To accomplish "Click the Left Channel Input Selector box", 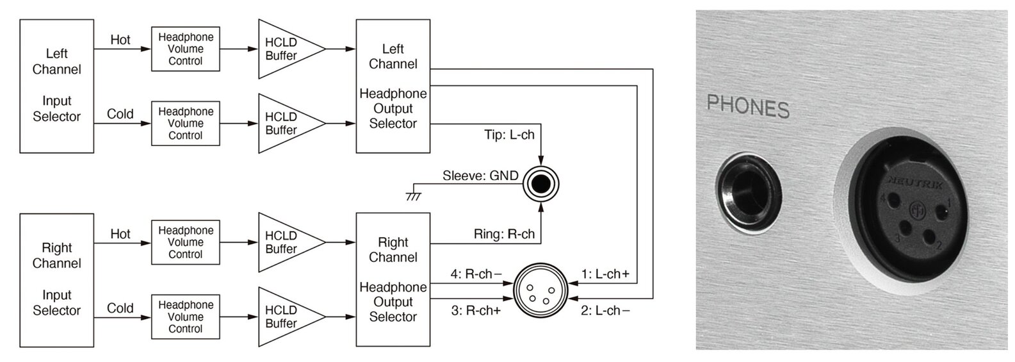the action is [56, 86].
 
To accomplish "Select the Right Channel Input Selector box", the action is [56, 280].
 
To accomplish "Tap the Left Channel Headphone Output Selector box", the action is [393, 86].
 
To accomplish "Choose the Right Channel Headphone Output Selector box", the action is [393, 280].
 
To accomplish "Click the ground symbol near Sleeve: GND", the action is [414, 196].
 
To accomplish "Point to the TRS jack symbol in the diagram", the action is [540, 184].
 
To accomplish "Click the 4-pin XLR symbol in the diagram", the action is [540, 290].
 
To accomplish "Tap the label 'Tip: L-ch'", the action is [509, 135].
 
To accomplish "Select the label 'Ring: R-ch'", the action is [504, 234].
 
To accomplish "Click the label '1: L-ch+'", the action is [605, 274].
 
